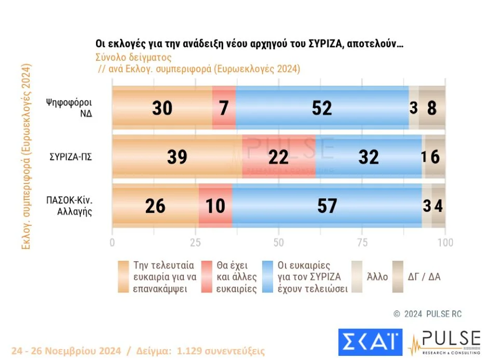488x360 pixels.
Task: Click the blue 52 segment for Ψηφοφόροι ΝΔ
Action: click(322, 108)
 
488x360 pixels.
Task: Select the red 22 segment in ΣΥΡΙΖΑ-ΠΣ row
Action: click(279, 156)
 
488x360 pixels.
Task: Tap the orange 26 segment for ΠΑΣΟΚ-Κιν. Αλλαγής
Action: click(155, 206)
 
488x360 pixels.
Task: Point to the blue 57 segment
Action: click(327, 206)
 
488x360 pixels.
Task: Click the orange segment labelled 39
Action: click(177, 156)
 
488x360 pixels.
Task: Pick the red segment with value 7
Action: click(224, 108)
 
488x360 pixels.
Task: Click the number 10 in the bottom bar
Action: click(215, 206)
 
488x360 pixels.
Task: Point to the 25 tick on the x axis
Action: click(195, 243)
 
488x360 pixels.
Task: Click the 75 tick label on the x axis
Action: click(362, 243)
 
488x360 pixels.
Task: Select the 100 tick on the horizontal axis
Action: click(445, 243)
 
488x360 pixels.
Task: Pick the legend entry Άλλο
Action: click(377, 276)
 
